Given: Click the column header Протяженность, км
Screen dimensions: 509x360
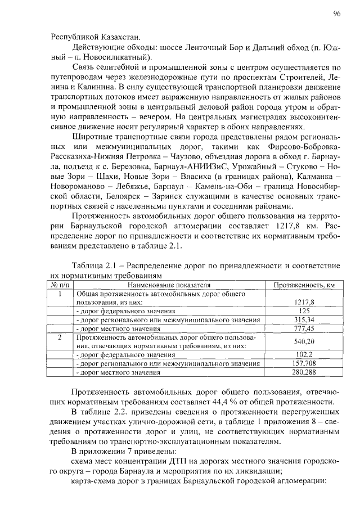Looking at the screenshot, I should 304,286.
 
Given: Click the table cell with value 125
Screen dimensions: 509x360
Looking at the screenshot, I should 304,310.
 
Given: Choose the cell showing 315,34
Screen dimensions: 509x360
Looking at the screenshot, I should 304,319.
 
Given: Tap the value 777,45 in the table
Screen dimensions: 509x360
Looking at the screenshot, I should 304,328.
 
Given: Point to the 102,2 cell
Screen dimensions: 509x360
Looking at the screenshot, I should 304,355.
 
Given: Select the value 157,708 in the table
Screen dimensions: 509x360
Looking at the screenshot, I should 304,364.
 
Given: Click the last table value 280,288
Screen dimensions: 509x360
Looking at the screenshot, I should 304,373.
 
